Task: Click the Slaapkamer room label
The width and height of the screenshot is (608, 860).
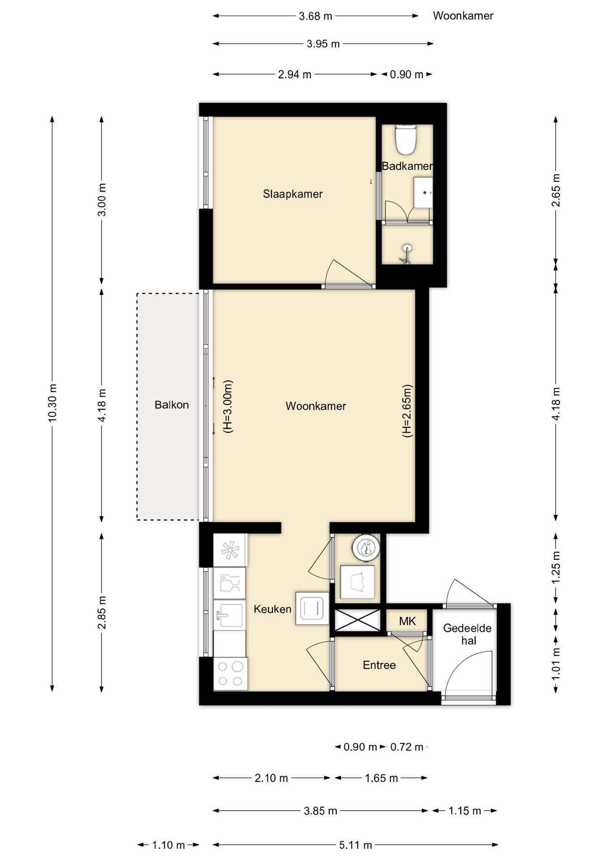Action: [x=292, y=194]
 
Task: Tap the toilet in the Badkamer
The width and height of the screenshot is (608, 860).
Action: [x=406, y=139]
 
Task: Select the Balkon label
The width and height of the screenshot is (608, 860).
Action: [x=171, y=405]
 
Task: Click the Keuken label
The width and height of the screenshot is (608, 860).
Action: [x=272, y=609]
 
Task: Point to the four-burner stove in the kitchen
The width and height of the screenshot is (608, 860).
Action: [x=231, y=674]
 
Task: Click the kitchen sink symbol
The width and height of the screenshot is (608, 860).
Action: [x=230, y=615]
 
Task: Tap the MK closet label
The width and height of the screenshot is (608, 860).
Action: [x=407, y=621]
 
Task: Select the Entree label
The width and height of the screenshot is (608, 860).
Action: [x=379, y=665]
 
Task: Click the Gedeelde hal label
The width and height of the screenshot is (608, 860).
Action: [x=467, y=634]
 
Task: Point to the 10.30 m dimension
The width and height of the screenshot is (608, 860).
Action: [x=52, y=403]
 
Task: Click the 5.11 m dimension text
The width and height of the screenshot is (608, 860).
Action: [x=355, y=845]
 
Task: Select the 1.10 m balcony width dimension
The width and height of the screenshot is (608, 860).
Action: [x=168, y=845]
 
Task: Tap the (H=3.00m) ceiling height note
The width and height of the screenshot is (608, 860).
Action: [x=228, y=407]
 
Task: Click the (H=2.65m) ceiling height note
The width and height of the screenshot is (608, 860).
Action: [x=407, y=411]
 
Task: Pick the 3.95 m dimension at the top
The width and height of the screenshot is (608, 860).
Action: [x=323, y=44]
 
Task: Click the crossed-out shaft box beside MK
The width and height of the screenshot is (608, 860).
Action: [x=357, y=620]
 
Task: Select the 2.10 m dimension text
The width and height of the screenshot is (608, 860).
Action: [x=271, y=778]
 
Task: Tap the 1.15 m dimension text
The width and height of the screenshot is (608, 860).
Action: [x=465, y=811]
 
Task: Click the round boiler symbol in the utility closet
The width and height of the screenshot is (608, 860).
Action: [x=366, y=547]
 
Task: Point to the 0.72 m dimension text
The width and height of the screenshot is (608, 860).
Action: [x=407, y=747]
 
